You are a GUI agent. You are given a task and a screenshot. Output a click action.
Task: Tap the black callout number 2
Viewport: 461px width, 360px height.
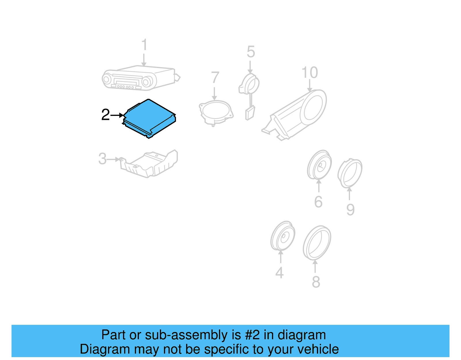tap(105, 115)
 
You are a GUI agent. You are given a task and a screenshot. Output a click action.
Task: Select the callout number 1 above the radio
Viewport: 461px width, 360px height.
tap(144, 45)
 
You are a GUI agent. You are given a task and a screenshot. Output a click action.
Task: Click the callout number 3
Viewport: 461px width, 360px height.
tap(102, 159)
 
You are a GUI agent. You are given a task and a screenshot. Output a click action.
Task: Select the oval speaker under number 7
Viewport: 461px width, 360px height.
tap(216, 112)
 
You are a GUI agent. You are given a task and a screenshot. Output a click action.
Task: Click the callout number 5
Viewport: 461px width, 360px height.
tap(251, 52)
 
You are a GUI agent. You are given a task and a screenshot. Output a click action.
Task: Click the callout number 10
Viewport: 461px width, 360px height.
tap(309, 73)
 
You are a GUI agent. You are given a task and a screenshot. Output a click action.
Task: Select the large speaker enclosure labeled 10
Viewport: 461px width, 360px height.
tap(297, 114)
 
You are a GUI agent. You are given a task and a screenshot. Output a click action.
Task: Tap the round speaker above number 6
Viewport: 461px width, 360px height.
tap(319, 165)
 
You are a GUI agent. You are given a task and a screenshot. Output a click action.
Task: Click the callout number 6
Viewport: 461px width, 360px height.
tap(318, 202)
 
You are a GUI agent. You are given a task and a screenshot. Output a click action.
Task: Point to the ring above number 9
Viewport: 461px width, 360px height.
tap(350, 173)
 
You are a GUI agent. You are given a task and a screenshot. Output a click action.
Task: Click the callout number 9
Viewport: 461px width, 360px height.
tap(350, 210)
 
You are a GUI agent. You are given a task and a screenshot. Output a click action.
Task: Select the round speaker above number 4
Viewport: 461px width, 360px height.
tap(283, 236)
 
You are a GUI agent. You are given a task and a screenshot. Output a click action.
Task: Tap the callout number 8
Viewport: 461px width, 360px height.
tap(316, 282)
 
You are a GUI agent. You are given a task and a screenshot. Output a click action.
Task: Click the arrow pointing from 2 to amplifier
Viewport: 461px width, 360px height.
tap(117, 115)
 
